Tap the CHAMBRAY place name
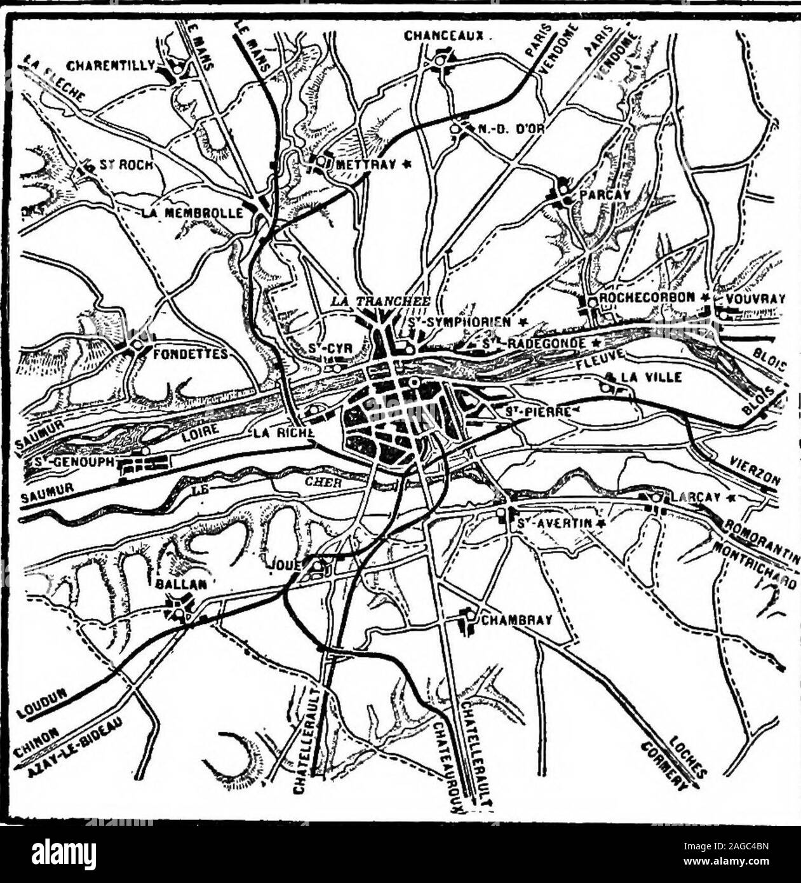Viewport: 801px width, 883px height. [516, 620]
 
